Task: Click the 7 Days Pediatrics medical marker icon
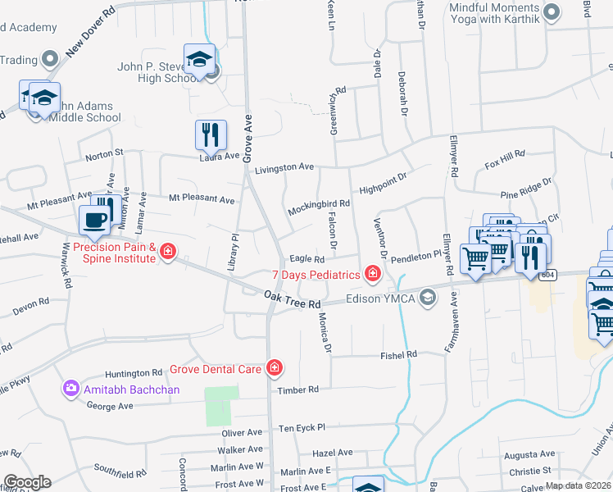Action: (x=373, y=273)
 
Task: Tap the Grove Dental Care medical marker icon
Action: (x=275, y=368)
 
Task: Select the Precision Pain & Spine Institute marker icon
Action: (x=168, y=251)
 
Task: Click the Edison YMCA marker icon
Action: (x=426, y=298)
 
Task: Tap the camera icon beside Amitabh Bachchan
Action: (x=71, y=389)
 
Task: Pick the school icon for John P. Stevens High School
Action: (x=199, y=59)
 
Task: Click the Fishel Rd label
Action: (x=398, y=354)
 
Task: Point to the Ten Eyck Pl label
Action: (x=302, y=427)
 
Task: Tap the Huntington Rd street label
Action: (x=134, y=372)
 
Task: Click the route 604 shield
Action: (x=548, y=275)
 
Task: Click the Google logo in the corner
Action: (x=27, y=482)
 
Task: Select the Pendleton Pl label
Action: (x=415, y=257)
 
